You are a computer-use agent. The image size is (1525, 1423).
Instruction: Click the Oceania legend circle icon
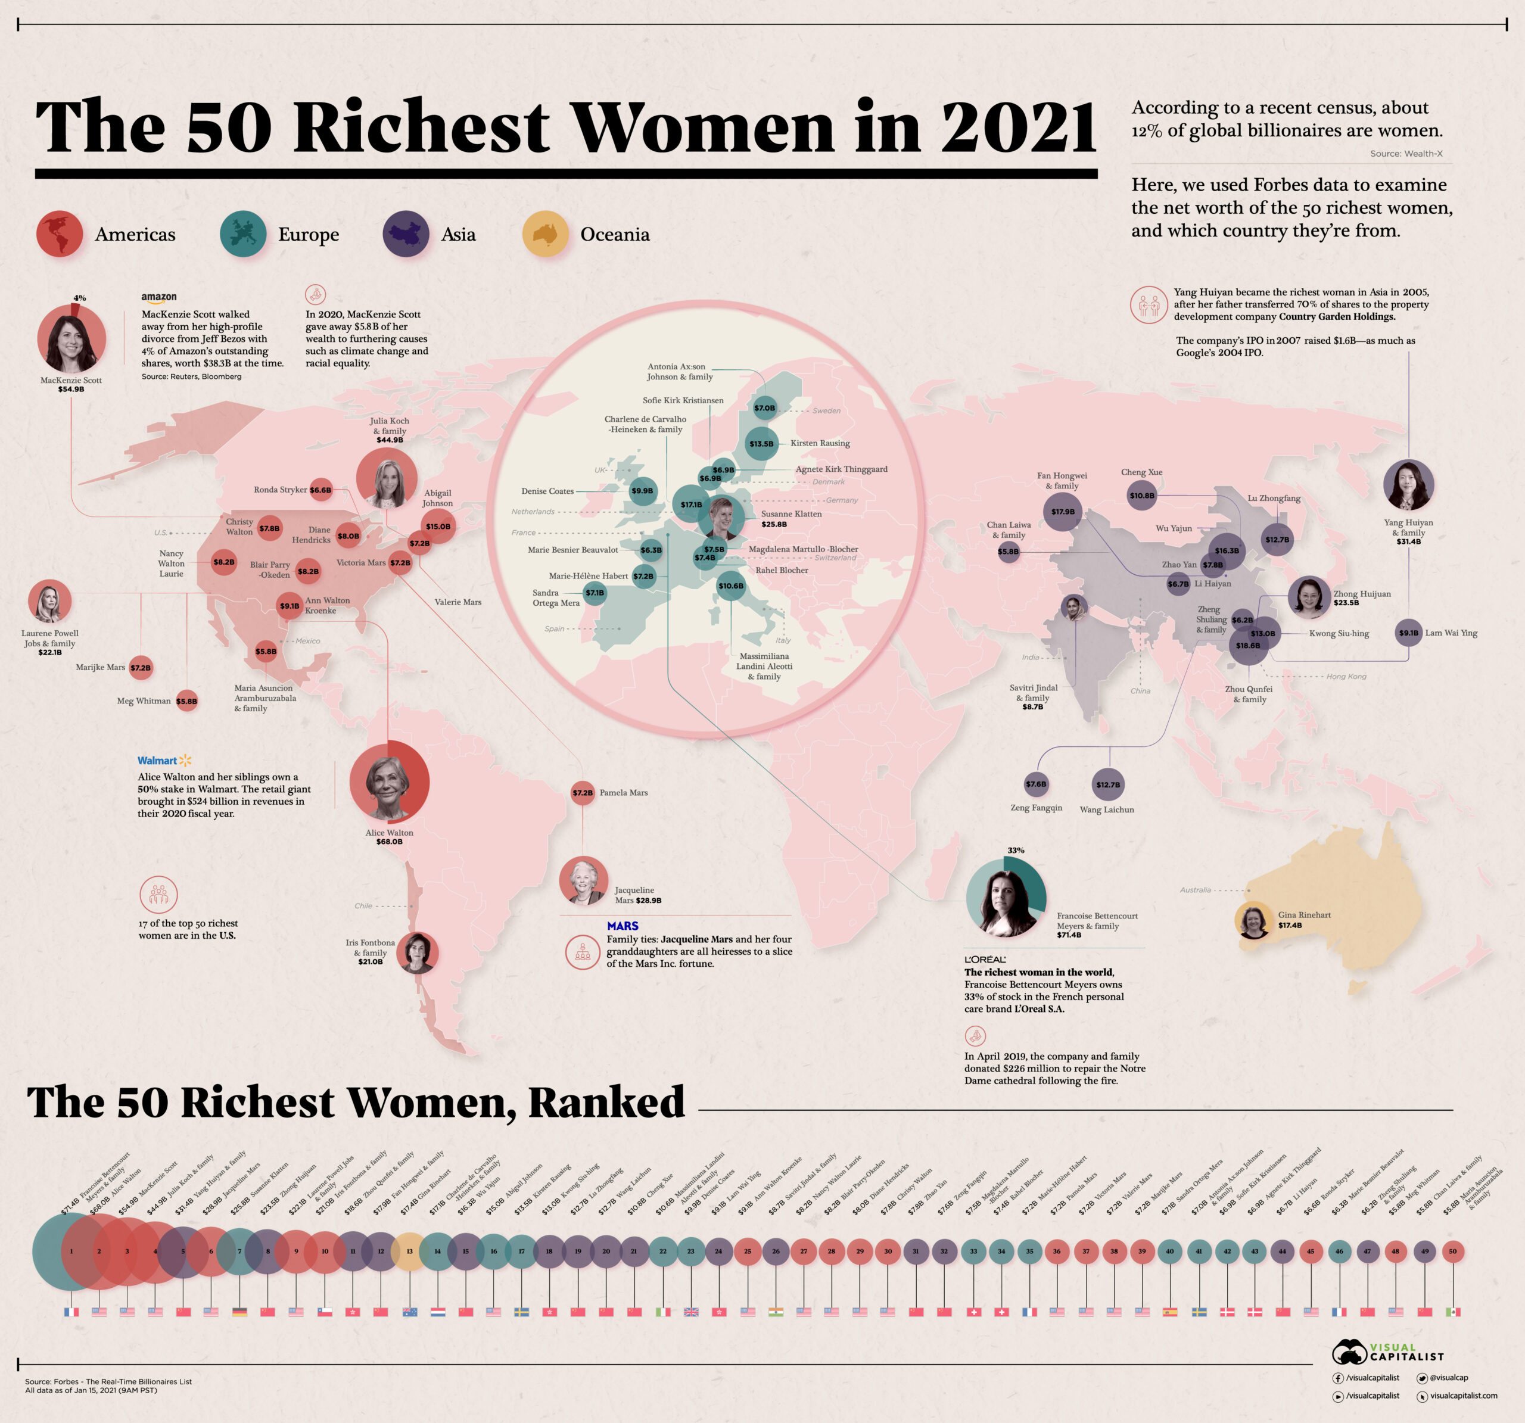(546, 234)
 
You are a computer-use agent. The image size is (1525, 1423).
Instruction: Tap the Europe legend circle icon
(243, 234)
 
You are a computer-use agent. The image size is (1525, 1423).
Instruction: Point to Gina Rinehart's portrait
(1253, 920)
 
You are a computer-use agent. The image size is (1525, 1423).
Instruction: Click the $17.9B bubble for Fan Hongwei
(1063, 512)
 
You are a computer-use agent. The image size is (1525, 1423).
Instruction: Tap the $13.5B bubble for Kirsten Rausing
(761, 443)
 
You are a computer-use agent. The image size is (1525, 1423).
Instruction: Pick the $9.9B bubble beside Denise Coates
(642, 491)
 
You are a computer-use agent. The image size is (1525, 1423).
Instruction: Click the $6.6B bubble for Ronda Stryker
(320, 490)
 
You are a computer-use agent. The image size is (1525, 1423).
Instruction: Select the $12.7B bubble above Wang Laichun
(1107, 784)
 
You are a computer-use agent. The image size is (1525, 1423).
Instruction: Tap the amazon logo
(159, 298)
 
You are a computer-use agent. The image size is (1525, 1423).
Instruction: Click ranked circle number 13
(410, 1251)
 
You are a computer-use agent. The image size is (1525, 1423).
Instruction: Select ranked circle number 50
(1452, 1251)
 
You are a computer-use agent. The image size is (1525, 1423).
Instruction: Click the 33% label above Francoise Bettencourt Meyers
(1016, 850)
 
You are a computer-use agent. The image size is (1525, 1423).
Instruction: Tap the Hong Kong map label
(1346, 677)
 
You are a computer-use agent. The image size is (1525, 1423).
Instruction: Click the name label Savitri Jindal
(1034, 688)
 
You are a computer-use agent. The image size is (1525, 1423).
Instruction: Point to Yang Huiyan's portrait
(1408, 485)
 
